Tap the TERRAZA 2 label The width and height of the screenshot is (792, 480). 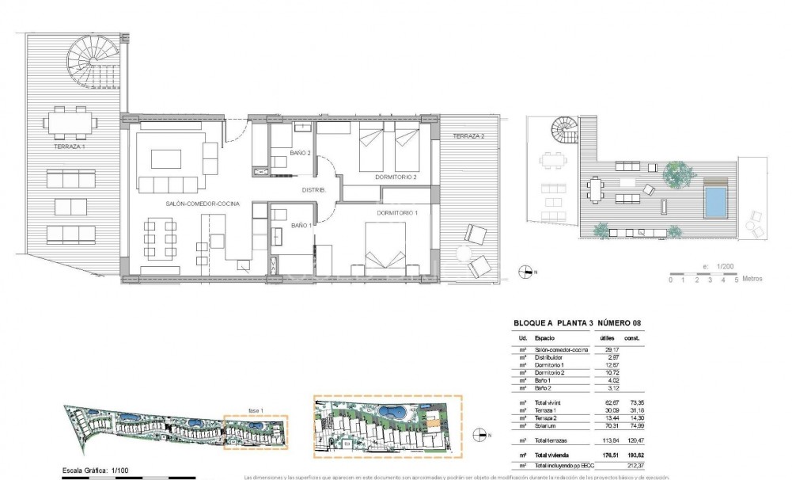point(468,137)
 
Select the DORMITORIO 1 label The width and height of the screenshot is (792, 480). point(398,212)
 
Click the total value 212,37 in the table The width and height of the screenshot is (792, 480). point(631,466)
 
